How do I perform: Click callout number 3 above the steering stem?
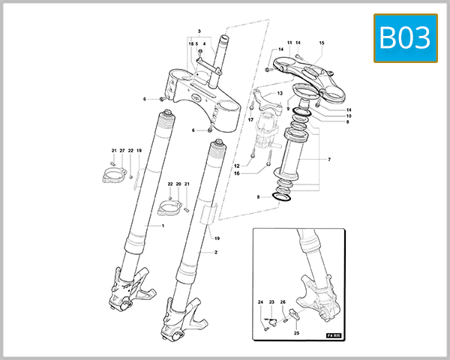(x=199, y=31)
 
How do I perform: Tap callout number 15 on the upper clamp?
(x=322, y=43)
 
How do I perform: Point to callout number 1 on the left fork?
(x=161, y=225)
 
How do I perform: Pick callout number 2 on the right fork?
(x=216, y=252)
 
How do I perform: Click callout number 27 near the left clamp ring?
(x=121, y=151)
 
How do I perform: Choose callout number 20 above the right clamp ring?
(x=178, y=184)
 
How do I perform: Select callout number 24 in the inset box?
(x=261, y=302)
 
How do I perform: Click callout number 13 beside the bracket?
(x=279, y=94)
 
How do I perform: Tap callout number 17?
(x=250, y=120)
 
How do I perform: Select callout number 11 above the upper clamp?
(x=289, y=43)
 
